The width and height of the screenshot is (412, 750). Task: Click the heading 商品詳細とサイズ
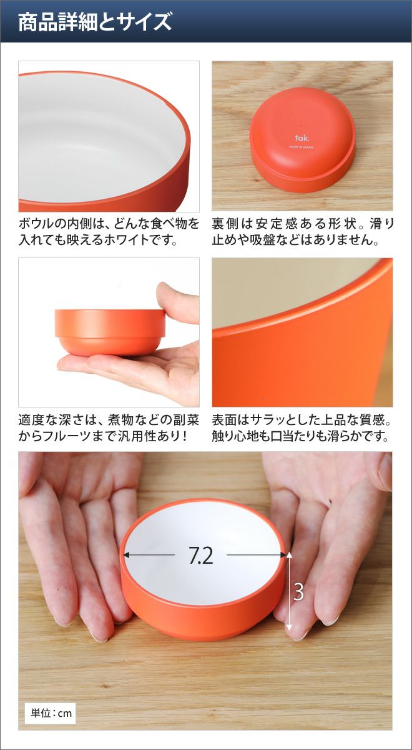[x=95, y=22]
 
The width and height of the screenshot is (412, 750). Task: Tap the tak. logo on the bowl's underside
[x=302, y=138]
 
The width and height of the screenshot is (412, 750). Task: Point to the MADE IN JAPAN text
[x=301, y=147]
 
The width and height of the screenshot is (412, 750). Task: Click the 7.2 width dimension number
[x=200, y=555]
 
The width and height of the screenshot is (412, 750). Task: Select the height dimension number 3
[x=298, y=591]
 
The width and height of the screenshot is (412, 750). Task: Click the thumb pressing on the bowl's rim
[x=177, y=302]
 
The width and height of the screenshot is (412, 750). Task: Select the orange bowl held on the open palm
[x=110, y=332]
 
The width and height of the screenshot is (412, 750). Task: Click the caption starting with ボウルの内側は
[x=109, y=232]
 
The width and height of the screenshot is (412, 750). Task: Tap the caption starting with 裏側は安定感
[x=303, y=232]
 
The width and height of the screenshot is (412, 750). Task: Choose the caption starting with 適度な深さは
[x=109, y=428]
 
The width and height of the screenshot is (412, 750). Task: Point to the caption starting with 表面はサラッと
[x=302, y=428]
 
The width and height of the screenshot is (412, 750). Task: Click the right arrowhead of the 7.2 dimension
[x=283, y=555]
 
